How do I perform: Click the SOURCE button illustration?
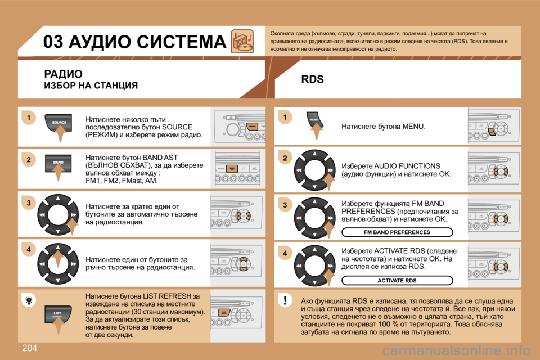point(59,123)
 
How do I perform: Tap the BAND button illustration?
point(58,163)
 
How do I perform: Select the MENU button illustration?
point(314,120)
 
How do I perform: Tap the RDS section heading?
point(312,80)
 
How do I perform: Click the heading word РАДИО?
point(63,74)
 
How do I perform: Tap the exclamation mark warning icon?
point(285,301)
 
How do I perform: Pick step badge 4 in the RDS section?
point(285,254)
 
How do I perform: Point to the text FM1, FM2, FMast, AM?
point(121,181)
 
